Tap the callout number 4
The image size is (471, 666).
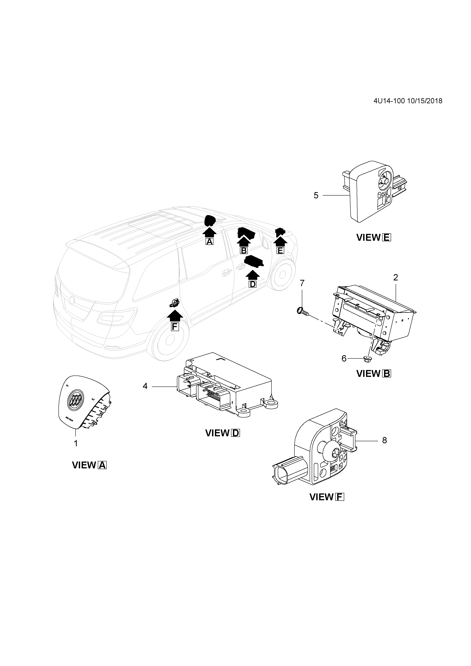(145, 386)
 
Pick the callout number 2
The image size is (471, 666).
(396, 278)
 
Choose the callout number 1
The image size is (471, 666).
(76, 452)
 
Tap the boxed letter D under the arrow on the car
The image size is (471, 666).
(253, 284)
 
